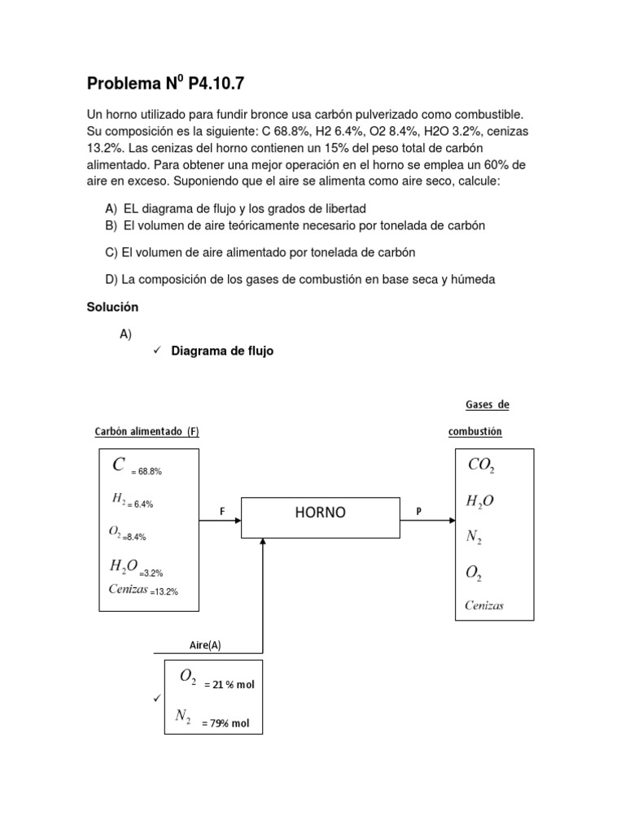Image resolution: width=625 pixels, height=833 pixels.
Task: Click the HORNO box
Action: click(320, 512)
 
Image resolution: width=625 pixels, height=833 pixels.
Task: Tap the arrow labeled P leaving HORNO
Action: click(426, 521)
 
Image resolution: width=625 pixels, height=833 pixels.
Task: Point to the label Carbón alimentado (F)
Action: click(146, 432)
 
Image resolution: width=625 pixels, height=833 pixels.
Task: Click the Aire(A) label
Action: click(204, 645)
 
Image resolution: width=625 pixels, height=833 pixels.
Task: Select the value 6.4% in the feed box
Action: click(142, 504)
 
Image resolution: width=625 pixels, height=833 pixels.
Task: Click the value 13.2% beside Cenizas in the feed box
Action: click(164, 591)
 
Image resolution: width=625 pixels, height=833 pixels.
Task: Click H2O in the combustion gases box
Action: click(480, 502)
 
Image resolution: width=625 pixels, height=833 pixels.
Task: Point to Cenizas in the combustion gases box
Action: click(484, 605)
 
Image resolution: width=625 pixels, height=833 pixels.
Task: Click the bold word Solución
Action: click(112, 307)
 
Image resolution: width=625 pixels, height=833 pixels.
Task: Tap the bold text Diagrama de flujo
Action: click(222, 351)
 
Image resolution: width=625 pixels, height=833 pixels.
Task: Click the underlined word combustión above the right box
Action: click(475, 432)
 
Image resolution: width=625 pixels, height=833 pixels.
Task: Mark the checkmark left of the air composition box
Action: click(156, 699)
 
